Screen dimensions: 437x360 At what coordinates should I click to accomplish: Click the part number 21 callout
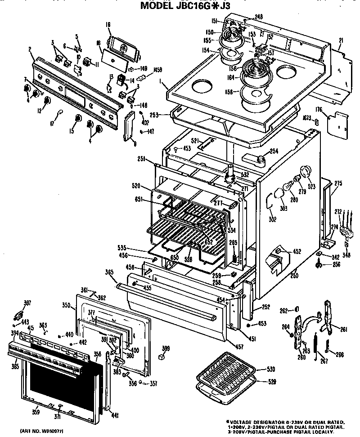point(341,40)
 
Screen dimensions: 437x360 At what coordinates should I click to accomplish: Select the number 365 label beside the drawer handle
point(109,272)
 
